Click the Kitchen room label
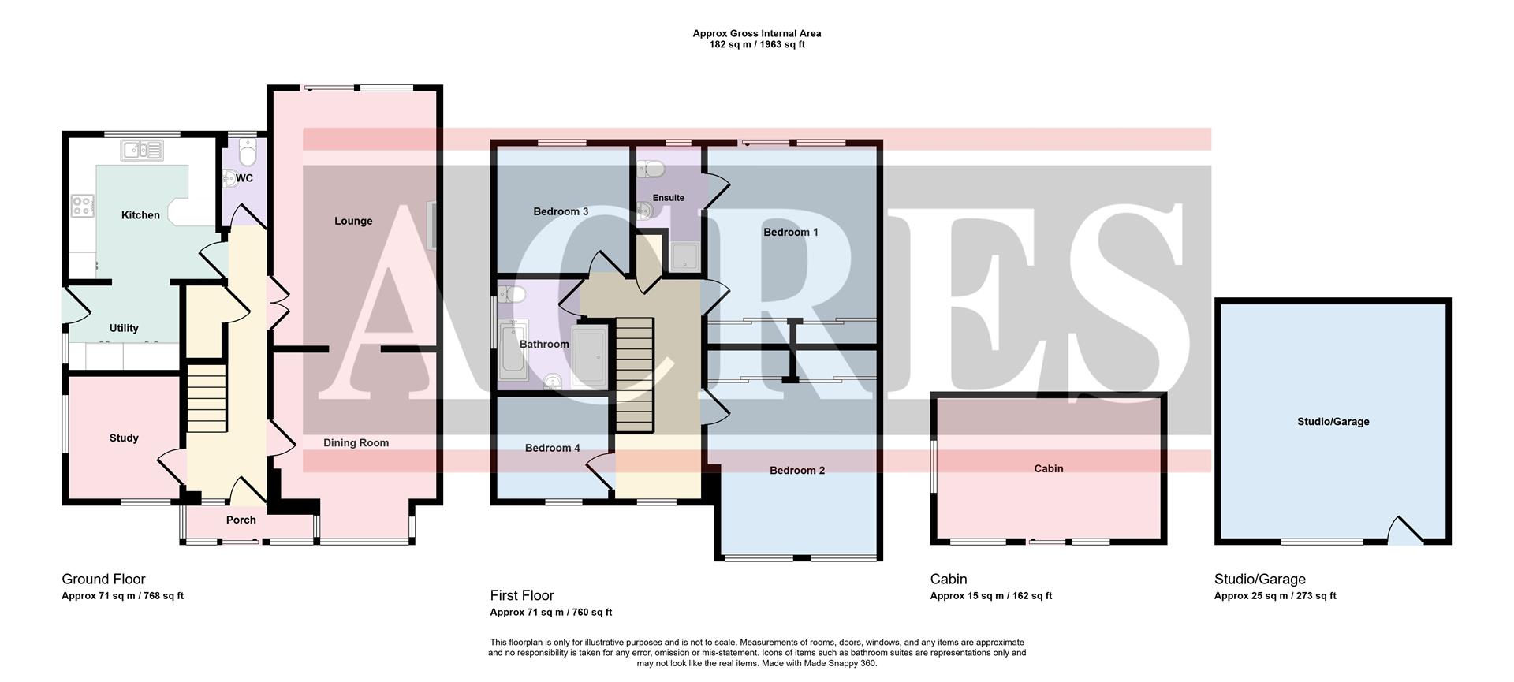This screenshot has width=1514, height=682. (x=140, y=215)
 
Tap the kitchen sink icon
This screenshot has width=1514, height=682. (x=143, y=150)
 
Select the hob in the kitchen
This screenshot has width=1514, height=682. (x=82, y=206)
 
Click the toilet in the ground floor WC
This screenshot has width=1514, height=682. (x=247, y=151)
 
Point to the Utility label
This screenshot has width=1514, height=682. (x=124, y=328)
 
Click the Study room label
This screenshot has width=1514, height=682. (x=124, y=438)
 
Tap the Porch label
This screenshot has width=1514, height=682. (x=241, y=520)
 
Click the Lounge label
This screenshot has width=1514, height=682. (x=353, y=221)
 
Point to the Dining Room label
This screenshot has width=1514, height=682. (x=356, y=442)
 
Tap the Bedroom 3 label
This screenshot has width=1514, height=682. (x=561, y=211)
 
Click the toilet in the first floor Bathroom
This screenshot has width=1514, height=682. (x=513, y=295)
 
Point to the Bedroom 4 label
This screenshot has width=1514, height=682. (x=553, y=448)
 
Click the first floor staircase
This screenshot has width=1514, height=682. (x=635, y=375)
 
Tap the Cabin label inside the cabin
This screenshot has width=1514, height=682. (x=1049, y=468)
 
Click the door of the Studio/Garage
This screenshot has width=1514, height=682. (x=1404, y=531)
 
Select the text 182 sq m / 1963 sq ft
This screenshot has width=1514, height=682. (x=757, y=45)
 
